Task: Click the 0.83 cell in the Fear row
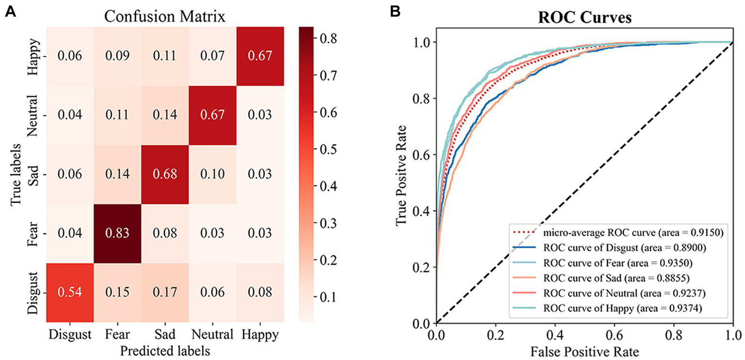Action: coord(116,234)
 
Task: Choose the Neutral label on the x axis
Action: coord(212,335)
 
